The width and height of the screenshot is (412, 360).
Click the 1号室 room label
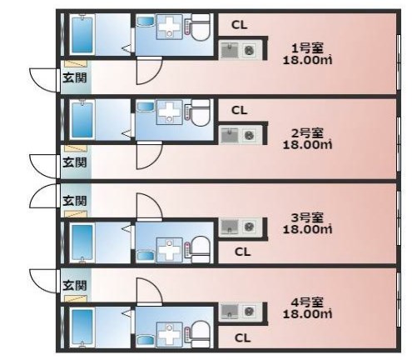pyautogui.click(x=307, y=48)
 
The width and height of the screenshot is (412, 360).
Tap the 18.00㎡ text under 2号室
pyautogui.click(x=307, y=145)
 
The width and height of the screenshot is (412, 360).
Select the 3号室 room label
pyautogui.click(x=307, y=217)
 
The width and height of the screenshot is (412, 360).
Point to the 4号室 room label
pyautogui.click(x=307, y=302)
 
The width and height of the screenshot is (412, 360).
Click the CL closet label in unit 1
pyautogui.click(x=239, y=25)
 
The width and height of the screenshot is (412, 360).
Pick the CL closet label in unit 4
pyautogui.click(x=242, y=337)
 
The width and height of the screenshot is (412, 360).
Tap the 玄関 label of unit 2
pyautogui.click(x=75, y=162)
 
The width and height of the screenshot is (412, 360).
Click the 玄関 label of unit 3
pyautogui.click(x=75, y=201)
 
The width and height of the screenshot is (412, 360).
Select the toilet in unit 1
pyautogui.click(x=201, y=27)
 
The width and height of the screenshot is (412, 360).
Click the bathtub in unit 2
pyautogui.click(x=82, y=120)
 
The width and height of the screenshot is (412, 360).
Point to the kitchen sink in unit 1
pyautogui.click(x=230, y=50)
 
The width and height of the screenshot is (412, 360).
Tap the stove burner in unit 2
pyautogui.click(x=249, y=136)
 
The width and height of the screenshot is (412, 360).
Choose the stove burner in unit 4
pyautogui.click(x=249, y=311)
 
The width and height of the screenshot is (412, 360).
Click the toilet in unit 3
pyautogui.click(x=201, y=249)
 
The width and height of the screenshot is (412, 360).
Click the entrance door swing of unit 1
pyautogui.click(x=44, y=79)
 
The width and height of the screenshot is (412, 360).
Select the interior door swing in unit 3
pyautogui.click(x=149, y=207)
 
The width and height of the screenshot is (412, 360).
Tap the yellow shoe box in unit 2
pyautogui.click(x=76, y=148)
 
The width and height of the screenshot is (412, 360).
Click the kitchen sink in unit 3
pyautogui.click(x=230, y=227)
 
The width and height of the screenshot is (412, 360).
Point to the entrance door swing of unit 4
pyautogui.click(x=44, y=281)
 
